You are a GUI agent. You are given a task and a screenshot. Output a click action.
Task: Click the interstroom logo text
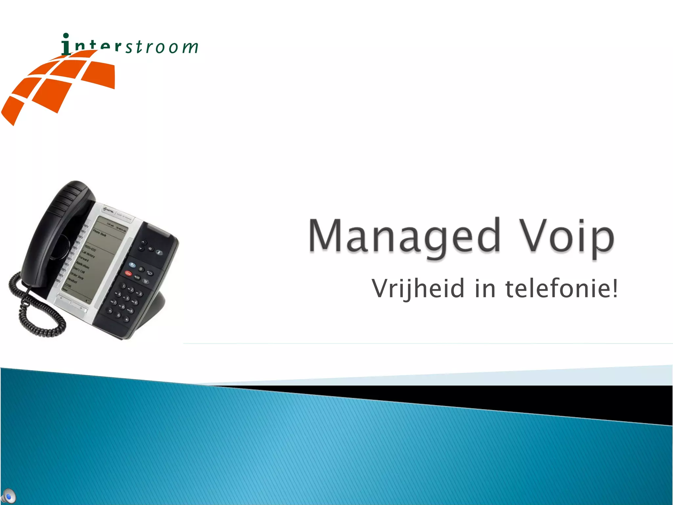pos(130,46)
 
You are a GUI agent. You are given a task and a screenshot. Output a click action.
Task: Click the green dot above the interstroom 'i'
pos(66,35)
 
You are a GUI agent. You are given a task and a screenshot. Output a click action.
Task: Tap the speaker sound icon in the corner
pos(9,496)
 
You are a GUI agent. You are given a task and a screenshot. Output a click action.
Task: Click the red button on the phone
pos(128,274)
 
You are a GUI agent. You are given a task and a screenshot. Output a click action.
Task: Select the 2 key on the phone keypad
pos(131,290)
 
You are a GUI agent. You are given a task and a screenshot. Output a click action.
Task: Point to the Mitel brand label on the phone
pos(109,210)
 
